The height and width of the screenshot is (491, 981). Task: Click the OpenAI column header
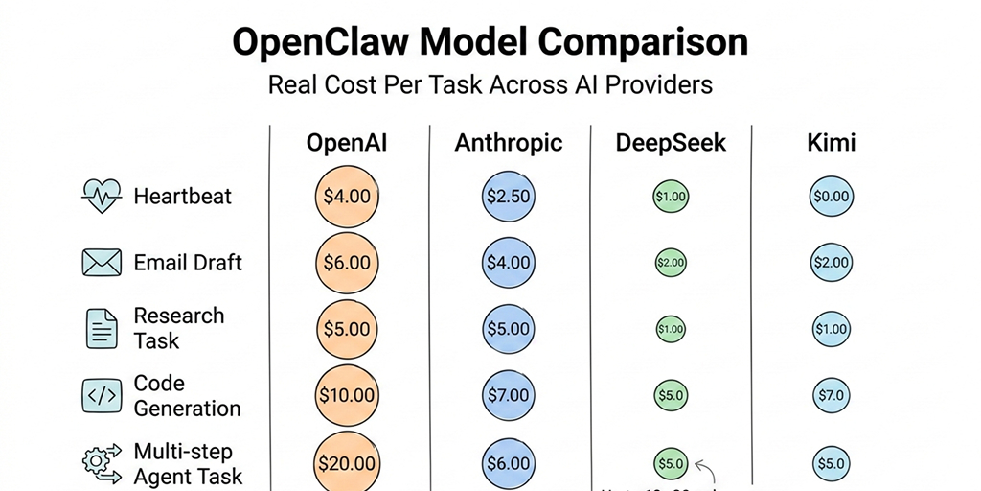point(346,144)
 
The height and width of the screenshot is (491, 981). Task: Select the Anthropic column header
point(508,144)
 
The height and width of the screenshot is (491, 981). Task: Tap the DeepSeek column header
point(671,144)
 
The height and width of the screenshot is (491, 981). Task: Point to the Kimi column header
point(831,144)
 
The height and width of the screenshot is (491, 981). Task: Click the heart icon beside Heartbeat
point(101,197)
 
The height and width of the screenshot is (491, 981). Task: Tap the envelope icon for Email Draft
point(101,263)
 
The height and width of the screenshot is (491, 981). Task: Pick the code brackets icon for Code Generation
point(101,395)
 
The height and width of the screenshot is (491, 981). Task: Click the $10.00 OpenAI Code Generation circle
point(346,395)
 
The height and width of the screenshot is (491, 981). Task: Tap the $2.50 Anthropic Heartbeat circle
point(507,197)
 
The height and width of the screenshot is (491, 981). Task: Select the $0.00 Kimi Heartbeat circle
point(831,197)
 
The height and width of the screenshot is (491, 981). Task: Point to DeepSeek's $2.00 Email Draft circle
point(671,263)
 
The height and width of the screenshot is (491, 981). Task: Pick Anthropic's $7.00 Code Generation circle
point(507,395)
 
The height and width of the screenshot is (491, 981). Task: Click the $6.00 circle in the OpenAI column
point(346,263)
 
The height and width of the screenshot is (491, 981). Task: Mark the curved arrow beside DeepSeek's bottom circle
point(705,469)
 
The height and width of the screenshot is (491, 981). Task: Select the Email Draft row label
point(188,263)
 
